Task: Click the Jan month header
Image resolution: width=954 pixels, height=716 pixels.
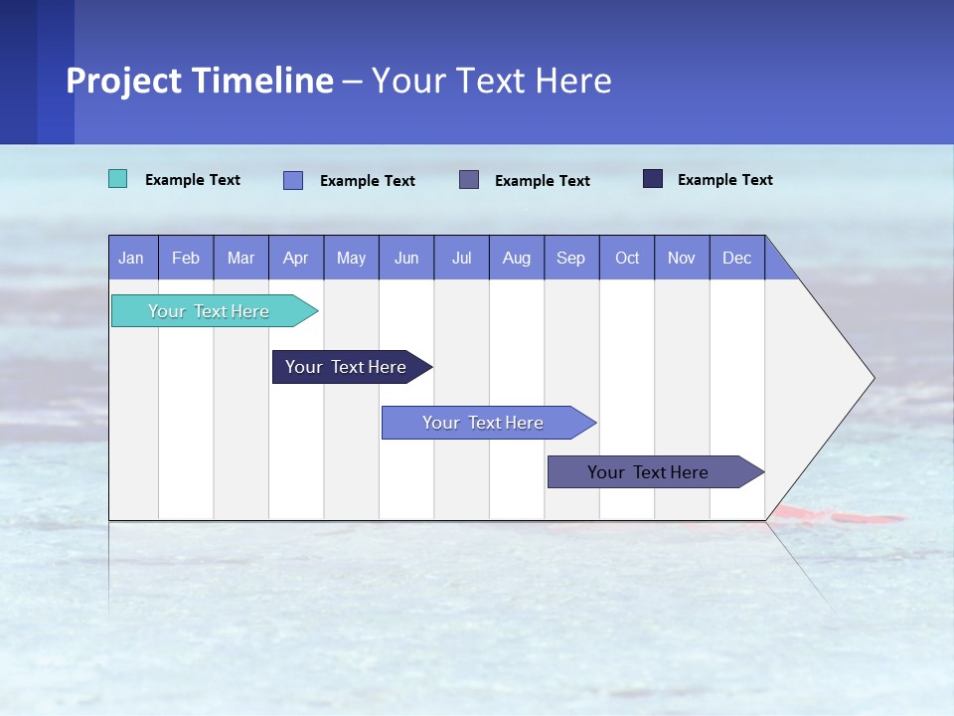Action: pyautogui.click(x=131, y=259)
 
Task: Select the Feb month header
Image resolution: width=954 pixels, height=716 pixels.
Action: pyautogui.click(x=186, y=259)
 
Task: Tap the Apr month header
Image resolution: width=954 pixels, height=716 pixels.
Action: pyautogui.click(x=295, y=259)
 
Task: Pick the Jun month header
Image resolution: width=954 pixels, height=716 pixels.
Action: pyautogui.click(x=406, y=259)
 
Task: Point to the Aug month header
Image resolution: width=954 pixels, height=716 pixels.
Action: pyautogui.click(x=516, y=259)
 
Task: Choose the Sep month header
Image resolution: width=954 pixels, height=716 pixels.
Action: pyautogui.click(x=570, y=259)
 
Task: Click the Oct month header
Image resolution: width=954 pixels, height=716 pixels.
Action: pyautogui.click(x=627, y=259)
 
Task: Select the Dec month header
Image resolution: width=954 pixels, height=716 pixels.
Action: pyautogui.click(x=736, y=259)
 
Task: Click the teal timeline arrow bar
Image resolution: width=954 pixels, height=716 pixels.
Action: pyautogui.click(x=210, y=311)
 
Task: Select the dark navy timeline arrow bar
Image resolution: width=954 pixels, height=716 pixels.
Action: pyautogui.click(x=347, y=367)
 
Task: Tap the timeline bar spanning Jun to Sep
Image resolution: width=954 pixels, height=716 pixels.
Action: pyautogui.click(x=484, y=423)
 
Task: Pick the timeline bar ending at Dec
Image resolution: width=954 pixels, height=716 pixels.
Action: pyautogui.click(x=649, y=472)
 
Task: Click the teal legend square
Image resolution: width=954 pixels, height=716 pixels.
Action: pyautogui.click(x=117, y=179)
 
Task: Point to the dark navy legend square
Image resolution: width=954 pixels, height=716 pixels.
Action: pyautogui.click(x=652, y=179)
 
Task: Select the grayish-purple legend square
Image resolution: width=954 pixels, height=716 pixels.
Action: pyautogui.click(x=469, y=179)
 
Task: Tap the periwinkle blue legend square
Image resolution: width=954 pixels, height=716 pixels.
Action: pyautogui.click(x=292, y=180)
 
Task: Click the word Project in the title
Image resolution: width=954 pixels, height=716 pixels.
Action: pyautogui.click(x=124, y=81)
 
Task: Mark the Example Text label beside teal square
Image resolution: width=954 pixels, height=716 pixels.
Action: pyautogui.click(x=193, y=180)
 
